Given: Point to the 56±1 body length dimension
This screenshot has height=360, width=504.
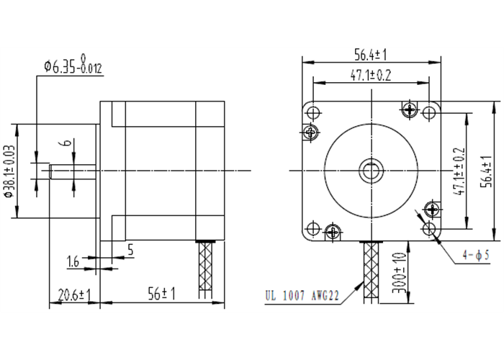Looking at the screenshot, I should coord(162,294).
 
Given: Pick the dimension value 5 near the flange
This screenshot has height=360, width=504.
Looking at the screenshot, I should coord(130,250).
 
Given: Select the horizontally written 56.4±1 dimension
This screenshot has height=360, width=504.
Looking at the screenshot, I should coord(372,55).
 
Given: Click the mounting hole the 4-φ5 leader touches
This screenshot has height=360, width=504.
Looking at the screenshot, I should coord(431,229).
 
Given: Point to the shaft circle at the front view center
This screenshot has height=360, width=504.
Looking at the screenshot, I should coord(372,171).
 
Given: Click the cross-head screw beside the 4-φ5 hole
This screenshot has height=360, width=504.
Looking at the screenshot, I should coord(432,210).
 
